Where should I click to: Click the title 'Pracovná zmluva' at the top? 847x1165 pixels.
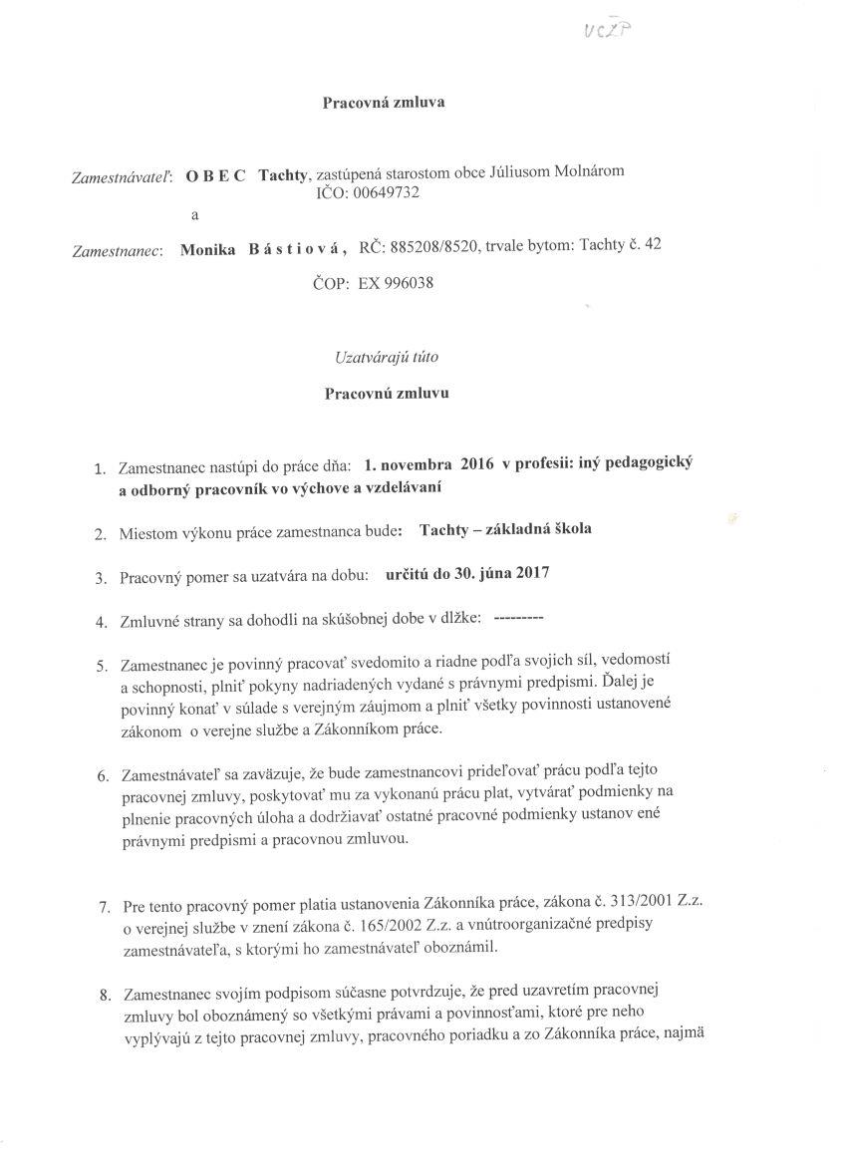coord(384,102)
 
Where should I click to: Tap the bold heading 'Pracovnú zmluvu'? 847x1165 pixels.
coord(387,393)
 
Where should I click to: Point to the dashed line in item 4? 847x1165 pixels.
coord(518,620)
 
